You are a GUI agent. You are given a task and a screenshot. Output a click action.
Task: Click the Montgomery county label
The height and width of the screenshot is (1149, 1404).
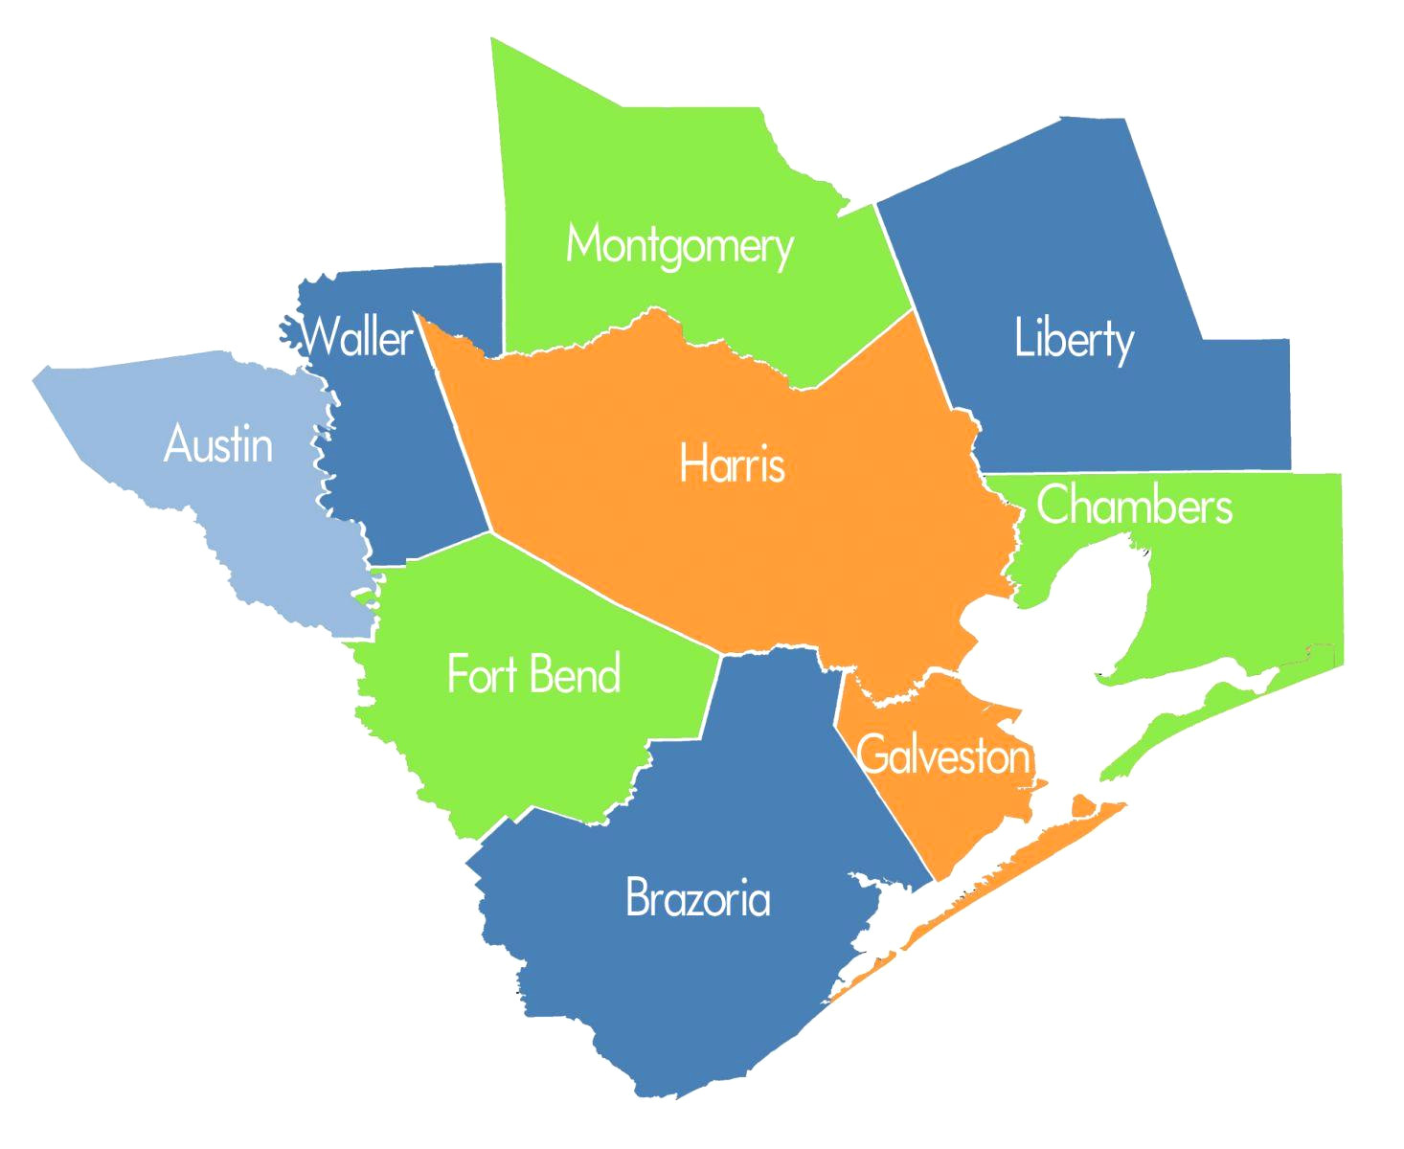click(679, 245)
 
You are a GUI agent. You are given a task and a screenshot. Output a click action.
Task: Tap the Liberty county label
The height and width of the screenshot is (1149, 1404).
click(1074, 339)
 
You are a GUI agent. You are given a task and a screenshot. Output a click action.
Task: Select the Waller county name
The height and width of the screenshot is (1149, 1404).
click(356, 336)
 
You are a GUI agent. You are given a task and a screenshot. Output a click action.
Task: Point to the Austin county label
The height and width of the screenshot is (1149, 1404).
click(218, 444)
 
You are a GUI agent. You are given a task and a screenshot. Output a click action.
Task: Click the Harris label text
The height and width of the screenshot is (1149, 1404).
click(732, 464)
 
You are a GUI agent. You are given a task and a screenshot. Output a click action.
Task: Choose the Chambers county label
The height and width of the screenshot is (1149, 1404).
click(1134, 506)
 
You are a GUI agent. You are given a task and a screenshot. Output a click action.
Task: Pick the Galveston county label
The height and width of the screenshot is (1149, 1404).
click(943, 755)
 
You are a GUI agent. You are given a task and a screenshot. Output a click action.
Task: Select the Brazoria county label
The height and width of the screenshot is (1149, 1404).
click(697, 898)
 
